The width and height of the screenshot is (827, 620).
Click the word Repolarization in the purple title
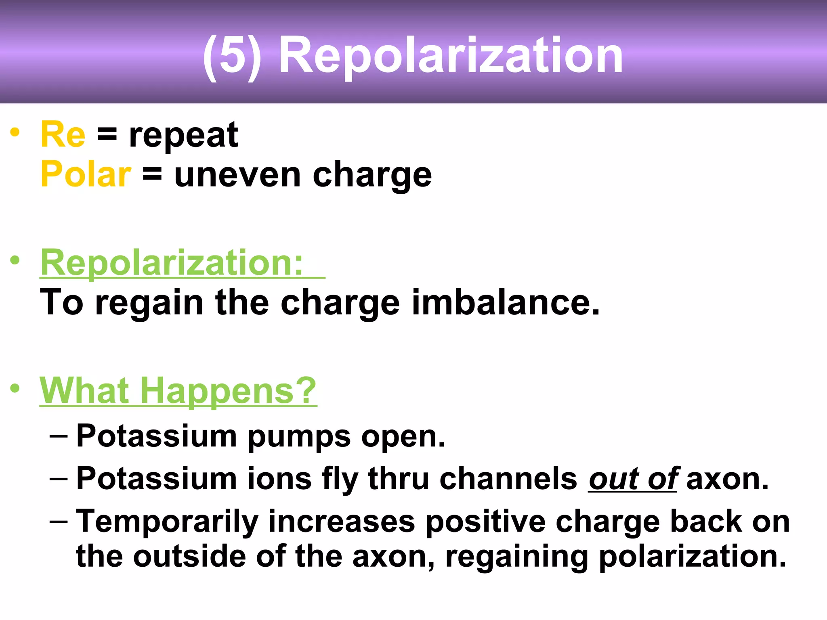click(x=451, y=55)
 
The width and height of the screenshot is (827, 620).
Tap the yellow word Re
click(x=63, y=135)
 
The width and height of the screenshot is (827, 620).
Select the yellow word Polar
click(x=86, y=174)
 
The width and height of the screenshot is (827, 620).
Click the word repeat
click(x=183, y=136)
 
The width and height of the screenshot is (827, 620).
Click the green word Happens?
click(x=228, y=391)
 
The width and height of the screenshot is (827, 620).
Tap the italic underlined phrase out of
click(x=632, y=480)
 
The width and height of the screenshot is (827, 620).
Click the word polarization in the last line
click(x=693, y=557)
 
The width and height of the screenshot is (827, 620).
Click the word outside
click(x=189, y=557)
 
